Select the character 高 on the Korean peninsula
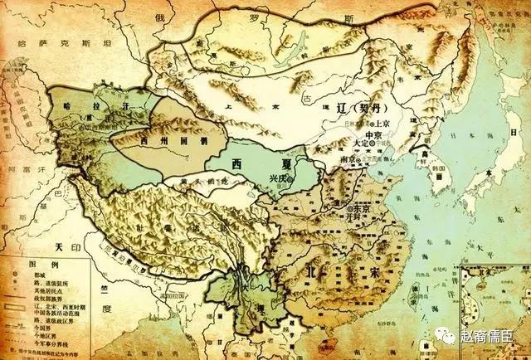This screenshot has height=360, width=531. point(425,155)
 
